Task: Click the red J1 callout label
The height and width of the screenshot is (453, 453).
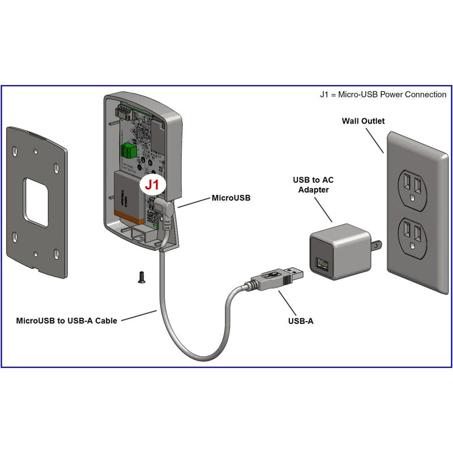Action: [153, 185]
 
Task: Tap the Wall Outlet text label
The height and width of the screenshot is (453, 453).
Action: [363, 121]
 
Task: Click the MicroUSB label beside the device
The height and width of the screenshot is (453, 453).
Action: [230, 198]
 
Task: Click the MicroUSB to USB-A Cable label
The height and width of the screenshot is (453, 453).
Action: [66, 320]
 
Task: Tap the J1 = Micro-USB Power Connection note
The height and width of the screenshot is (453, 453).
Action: [383, 95]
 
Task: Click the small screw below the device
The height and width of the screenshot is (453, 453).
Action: [139, 276]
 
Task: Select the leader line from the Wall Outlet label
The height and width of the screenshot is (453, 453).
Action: [375, 140]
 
